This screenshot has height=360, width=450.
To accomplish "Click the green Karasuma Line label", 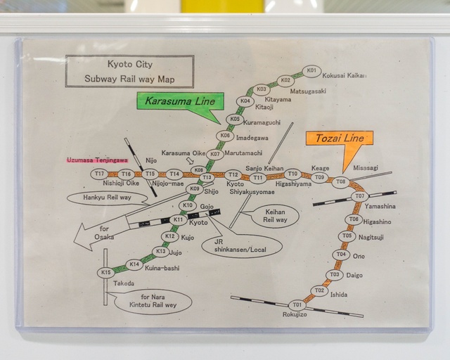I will coord(179,102).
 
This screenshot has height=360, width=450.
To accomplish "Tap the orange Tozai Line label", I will coord(339,139).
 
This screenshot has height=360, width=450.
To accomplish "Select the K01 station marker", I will coord(311,71).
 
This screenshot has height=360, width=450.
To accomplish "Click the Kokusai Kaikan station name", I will coord(345,76).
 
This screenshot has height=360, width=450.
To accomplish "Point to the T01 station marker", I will coord(297,305).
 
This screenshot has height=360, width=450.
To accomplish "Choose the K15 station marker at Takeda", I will coord(106,273).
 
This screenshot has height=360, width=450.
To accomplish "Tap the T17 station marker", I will coord(100,174).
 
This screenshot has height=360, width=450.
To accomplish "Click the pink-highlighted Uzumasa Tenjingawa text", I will coord(98,160).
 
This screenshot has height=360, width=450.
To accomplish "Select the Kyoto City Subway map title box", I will coord(129,71).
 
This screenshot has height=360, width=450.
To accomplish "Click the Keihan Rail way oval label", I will coord(275,215).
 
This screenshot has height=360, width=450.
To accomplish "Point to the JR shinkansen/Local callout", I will coord(241,245).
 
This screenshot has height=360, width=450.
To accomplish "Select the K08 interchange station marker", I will coord(198,170).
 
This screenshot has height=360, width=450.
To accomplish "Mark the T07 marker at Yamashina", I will coord(359,196).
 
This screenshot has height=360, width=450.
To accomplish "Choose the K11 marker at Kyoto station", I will coord(178,220).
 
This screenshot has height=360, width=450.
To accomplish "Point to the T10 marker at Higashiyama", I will coord(292,174).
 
